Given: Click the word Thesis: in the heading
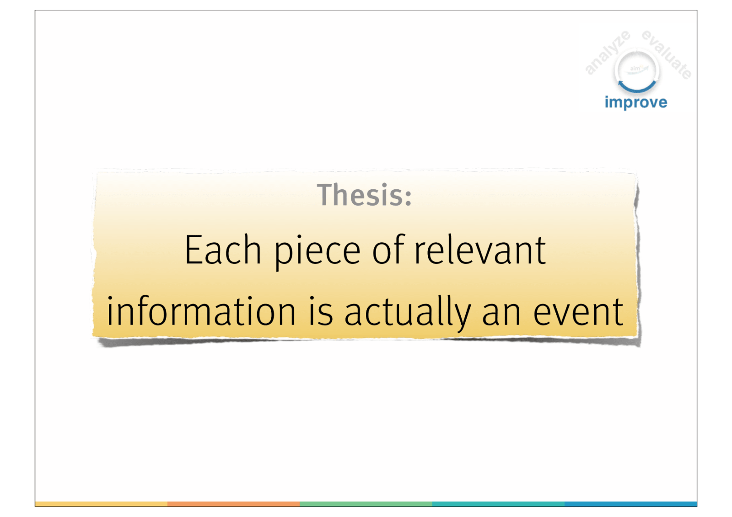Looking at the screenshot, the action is [x=364, y=195].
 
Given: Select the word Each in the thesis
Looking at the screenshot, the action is [x=223, y=250].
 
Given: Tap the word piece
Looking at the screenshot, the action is [x=318, y=252].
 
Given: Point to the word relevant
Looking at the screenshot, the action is [x=480, y=250].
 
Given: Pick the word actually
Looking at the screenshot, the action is [x=408, y=313].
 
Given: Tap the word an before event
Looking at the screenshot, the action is [x=501, y=315].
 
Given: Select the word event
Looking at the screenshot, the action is [x=578, y=313].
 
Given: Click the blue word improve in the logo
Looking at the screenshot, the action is [x=636, y=102].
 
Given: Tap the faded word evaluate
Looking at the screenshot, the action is [x=667, y=54].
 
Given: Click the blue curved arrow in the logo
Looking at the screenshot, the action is [x=637, y=89].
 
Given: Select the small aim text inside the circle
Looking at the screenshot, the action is [x=635, y=69].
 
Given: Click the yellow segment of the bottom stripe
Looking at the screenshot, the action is [x=101, y=504].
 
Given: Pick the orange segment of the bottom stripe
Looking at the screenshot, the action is [x=234, y=504].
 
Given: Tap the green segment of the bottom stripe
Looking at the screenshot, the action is [x=366, y=504].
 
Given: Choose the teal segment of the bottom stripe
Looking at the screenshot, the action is [x=498, y=504].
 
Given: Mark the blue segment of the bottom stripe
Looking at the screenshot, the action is [x=631, y=504].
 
